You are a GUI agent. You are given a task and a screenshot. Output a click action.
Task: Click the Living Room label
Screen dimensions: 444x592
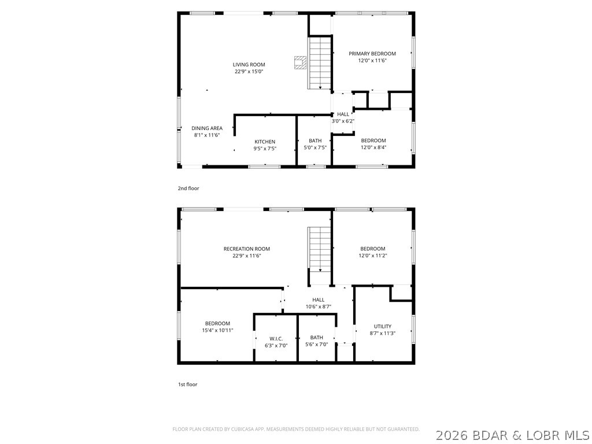[249, 65]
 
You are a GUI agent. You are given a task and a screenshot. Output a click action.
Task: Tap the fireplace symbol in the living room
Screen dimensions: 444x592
[300, 62]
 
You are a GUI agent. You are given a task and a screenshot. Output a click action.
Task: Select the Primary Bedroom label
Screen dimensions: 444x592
[372, 54]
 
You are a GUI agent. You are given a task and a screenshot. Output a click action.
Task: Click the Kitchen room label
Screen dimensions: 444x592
[265, 142]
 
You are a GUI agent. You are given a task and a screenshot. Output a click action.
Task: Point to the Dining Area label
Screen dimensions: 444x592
[207, 128]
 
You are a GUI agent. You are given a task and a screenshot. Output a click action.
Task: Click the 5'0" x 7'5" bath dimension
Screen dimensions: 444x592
[315, 148]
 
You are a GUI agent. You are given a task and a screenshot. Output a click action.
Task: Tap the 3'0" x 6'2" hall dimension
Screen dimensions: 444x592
[343, 121]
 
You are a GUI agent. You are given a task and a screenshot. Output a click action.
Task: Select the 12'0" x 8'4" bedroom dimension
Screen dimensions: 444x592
[373, 147]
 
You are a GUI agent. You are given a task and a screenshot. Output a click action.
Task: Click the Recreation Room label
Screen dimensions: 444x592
[247, 249]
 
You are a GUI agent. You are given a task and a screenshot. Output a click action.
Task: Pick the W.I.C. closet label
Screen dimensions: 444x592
[276, 338]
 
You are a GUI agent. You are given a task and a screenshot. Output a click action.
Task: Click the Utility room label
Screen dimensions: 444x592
[382, 326]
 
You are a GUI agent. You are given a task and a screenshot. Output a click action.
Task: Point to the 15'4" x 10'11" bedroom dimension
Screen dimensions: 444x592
[217, 331]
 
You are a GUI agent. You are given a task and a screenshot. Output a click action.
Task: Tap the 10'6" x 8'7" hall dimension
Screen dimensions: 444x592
[318, 307]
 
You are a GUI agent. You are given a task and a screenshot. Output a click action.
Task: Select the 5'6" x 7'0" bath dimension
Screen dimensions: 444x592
[316, 345]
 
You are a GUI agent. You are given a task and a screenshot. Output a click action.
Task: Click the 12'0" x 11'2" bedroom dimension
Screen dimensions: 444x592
[372, 256]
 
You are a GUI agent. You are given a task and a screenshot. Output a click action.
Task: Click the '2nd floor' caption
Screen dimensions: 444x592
[188, 188]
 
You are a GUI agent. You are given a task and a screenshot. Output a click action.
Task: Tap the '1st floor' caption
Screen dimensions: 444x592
[187, 384]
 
